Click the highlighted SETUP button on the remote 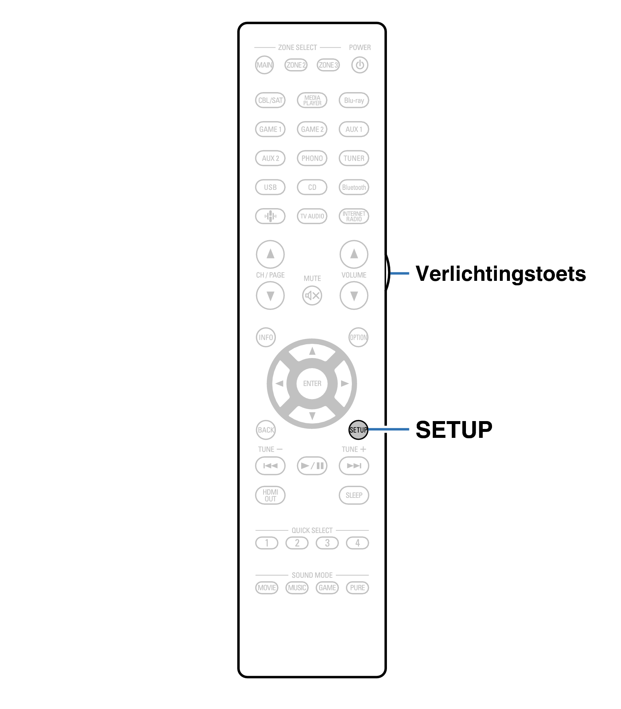(x=358, y=430)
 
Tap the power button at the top (x=360, y=65)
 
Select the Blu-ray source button (x=354, y=100)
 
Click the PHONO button (x=312, y=158)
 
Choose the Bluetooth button (x=354, y=187)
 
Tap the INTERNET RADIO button (x=354, y=216)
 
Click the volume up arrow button (x=354, y=254)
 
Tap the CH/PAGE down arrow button (x=270, y=296)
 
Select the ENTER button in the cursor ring (x=312, y=383)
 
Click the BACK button (x=266, y=430)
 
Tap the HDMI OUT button (x=270, y=495)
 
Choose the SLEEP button (x=354, y=495)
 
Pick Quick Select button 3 (x=327, y=543)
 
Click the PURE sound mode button (x=357, y=588)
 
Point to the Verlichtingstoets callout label (x=500, y=274)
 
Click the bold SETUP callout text (x=454, y=430)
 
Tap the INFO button (x=266, y=338)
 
